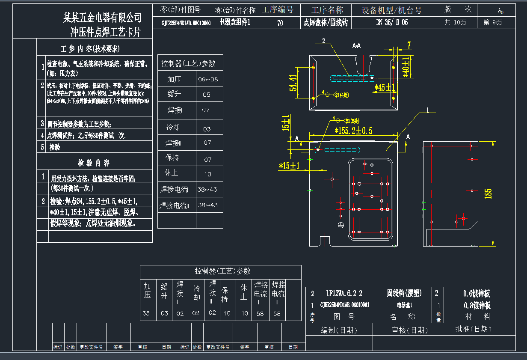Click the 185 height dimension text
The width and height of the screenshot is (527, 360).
(x=488, y=194)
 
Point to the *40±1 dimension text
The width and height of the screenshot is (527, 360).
(x=406, y=67)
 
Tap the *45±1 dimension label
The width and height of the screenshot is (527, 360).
(x=385, y=88)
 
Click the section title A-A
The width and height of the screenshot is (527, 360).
(x=356, y=45)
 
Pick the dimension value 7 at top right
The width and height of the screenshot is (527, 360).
(x=409, y=45)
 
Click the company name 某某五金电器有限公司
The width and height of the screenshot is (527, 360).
(x=102, y=18)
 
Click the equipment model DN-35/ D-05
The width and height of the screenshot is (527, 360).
(x=392, y=23)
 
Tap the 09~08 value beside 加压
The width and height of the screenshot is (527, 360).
(x=208, y=79)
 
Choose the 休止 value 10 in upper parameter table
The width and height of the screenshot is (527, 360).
(x=207, y=174)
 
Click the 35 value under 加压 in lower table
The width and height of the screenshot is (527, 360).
(x=146, y=313)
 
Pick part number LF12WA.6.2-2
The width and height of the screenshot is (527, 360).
(x=344, y=293)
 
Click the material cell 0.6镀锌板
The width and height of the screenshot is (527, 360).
(x=477, y=293)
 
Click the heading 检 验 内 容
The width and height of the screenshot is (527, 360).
(x=94, y=163)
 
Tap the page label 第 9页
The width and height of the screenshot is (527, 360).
(x=493, y=23)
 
